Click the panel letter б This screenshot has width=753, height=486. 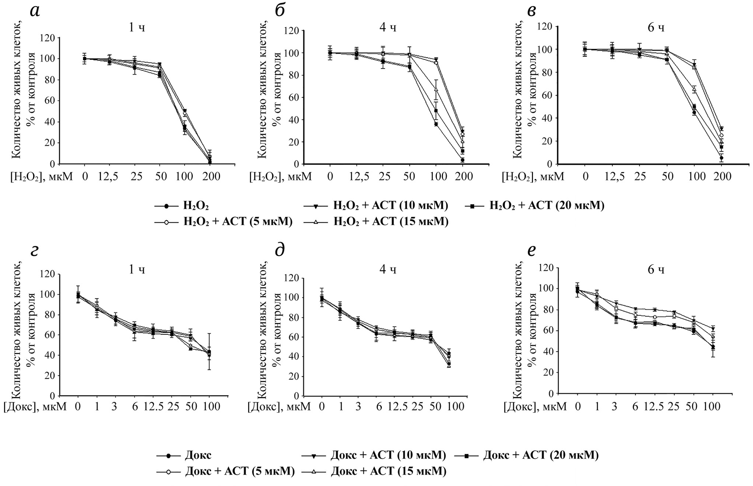point(280,11)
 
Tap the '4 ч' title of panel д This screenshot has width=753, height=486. point(388,270)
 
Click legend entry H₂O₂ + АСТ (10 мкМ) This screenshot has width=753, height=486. point(391,205)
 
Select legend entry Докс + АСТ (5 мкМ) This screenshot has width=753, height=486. point(240,471)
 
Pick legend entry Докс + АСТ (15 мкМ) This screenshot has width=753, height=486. point(388,471)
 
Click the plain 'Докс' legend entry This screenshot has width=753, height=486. point(198,455)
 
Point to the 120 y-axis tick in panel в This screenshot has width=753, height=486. point(546,27)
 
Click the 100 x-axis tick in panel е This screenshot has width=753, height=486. point(711,407)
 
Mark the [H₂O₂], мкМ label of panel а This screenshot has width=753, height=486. point(41,177)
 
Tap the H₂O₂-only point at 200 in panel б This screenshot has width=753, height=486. point(462,160)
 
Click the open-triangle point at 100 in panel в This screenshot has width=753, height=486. point(694,89)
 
